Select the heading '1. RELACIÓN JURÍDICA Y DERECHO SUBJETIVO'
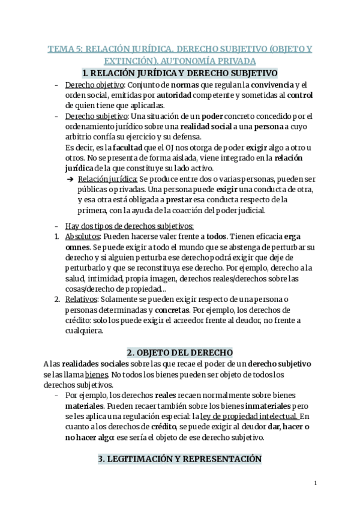tap(179, 73)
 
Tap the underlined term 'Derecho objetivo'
tap(90, 85)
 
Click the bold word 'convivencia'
tap(271, 85)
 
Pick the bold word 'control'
tap(300, 95)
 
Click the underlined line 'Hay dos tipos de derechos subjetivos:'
tap(129, 226)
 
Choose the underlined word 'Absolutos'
tap(83, 236)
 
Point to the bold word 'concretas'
tap(173, 310)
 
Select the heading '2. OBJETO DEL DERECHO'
tap(179, 352)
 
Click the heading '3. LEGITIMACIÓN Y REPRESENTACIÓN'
tap(179, 459)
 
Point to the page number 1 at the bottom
tap(315, 483)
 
